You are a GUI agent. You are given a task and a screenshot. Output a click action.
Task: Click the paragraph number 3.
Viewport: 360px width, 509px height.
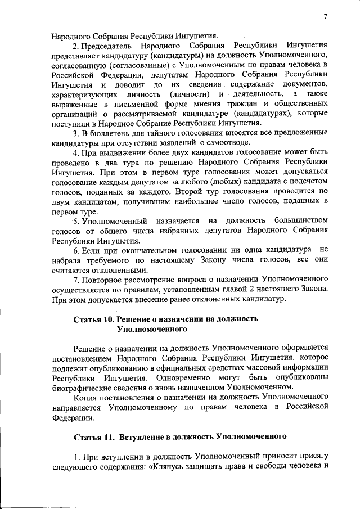[75, 133]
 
